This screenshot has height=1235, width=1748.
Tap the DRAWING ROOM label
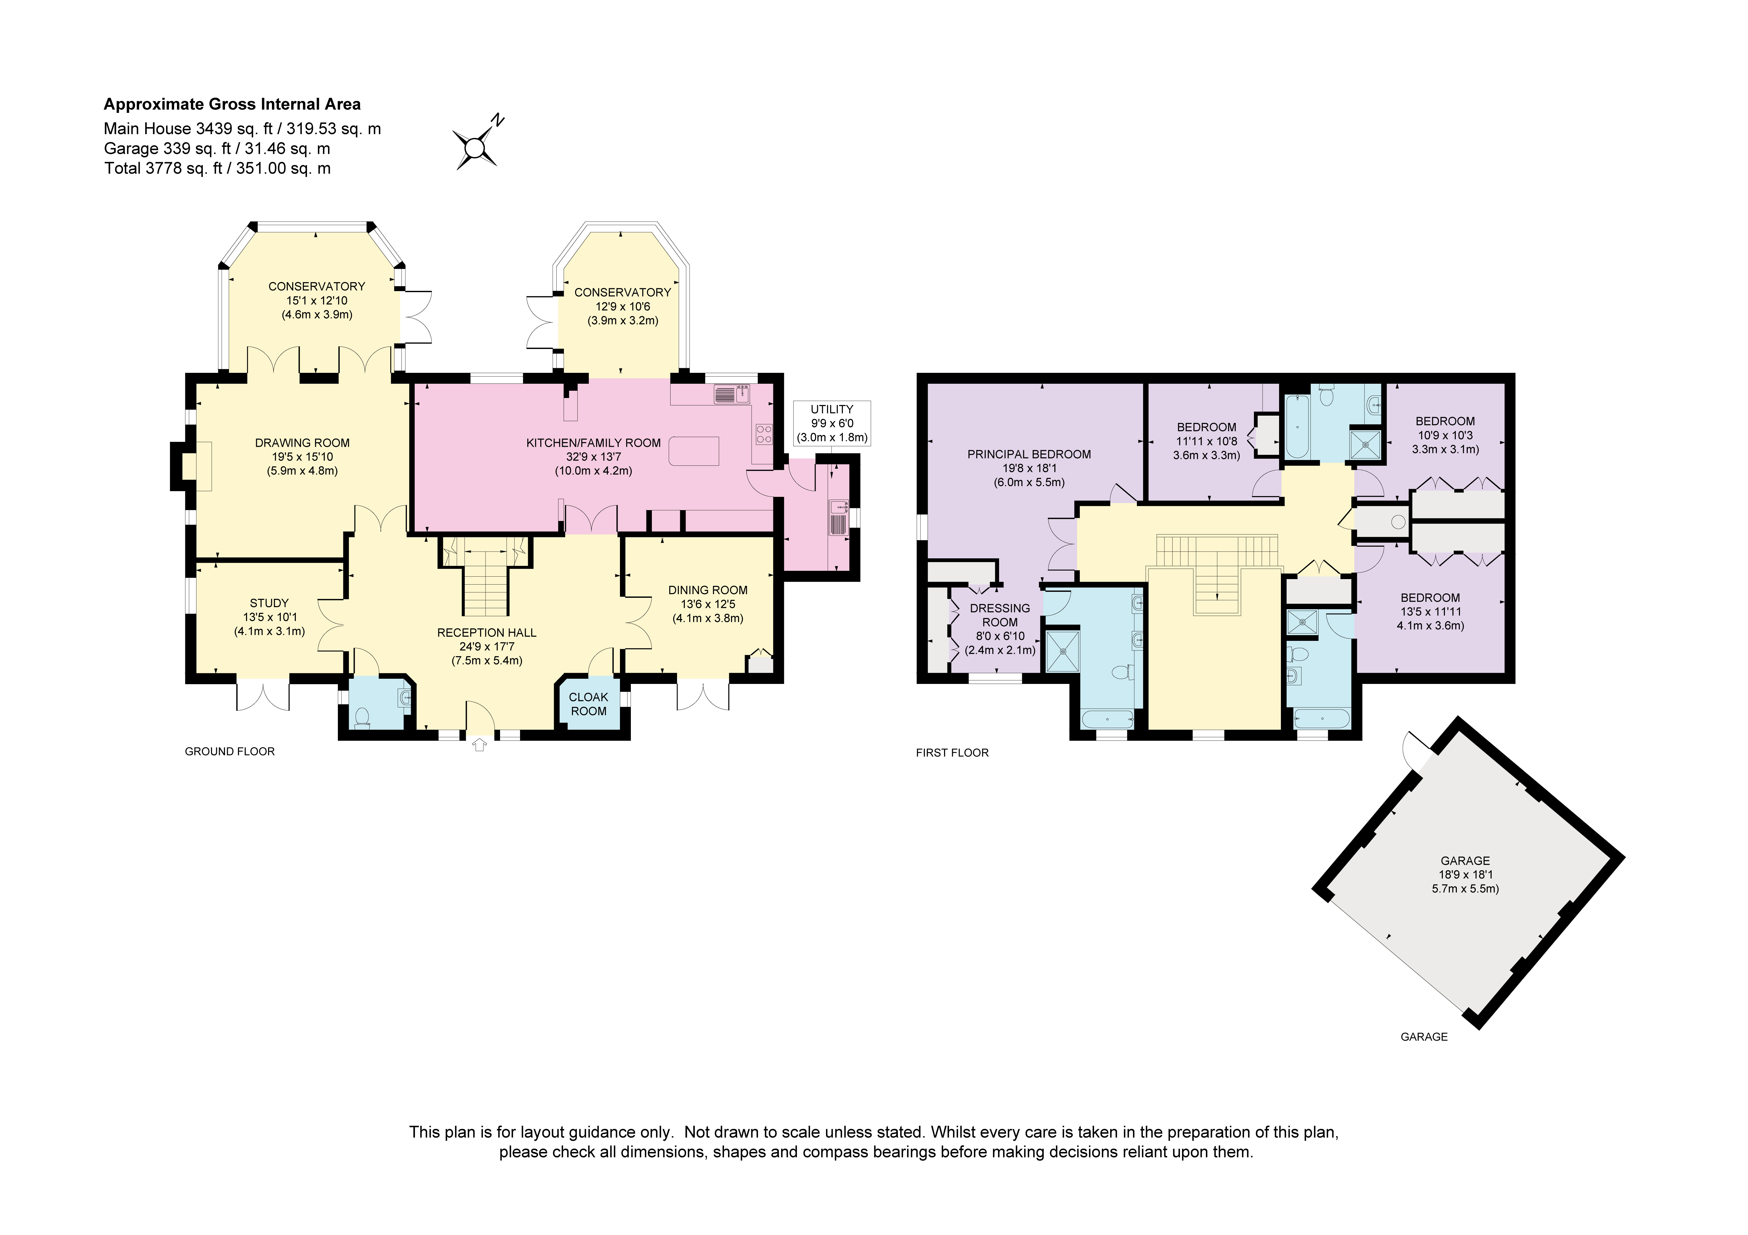(302, 442)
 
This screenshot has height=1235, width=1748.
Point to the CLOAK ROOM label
(589, 704)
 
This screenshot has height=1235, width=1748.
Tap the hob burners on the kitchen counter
(764, 434)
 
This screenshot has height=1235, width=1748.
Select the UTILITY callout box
(832, 423)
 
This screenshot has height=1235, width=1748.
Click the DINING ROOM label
(708, 590)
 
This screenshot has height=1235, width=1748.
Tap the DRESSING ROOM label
(1000, 615)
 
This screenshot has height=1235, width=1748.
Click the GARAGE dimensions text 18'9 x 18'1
(1466, 875)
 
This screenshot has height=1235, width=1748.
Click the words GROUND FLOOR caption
(230, 751)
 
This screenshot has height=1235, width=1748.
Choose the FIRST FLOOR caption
(952, 753)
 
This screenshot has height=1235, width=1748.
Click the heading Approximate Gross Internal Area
(232, 104)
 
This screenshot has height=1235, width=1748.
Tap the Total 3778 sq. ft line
(218, 168)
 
